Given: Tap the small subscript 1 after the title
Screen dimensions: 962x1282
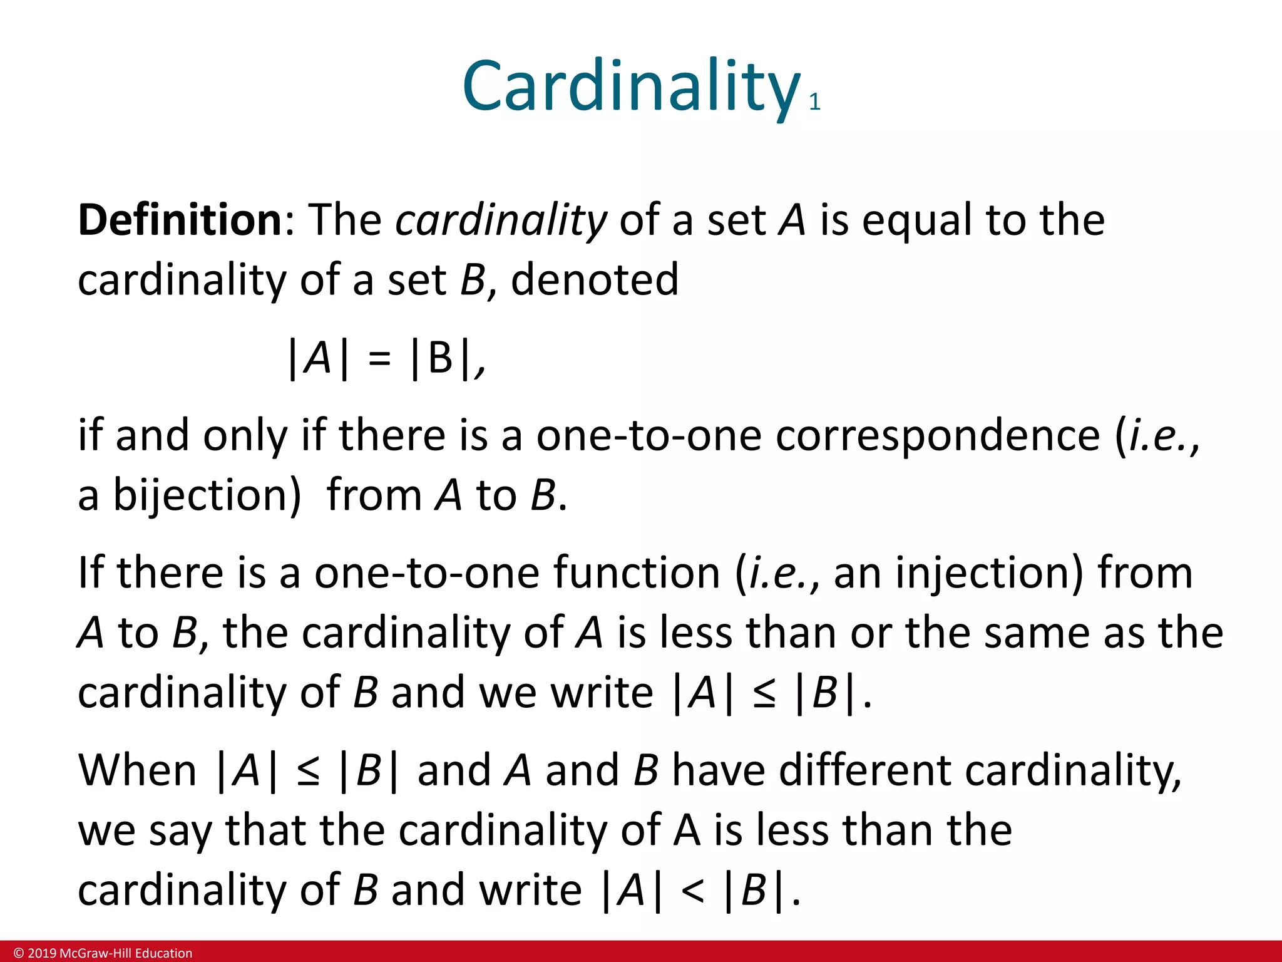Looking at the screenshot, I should (814, 102).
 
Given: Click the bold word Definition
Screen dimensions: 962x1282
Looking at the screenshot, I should (180, 220).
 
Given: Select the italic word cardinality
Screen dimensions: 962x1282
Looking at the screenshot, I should (501, 220).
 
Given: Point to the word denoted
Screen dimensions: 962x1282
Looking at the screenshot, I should (595, 279).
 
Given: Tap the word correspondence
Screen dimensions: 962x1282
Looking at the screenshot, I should (937, 435).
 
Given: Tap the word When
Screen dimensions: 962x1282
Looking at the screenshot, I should (137, 770).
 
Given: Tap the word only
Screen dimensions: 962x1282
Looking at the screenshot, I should (245, 435).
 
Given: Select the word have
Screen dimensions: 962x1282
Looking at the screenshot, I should (718, 770).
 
